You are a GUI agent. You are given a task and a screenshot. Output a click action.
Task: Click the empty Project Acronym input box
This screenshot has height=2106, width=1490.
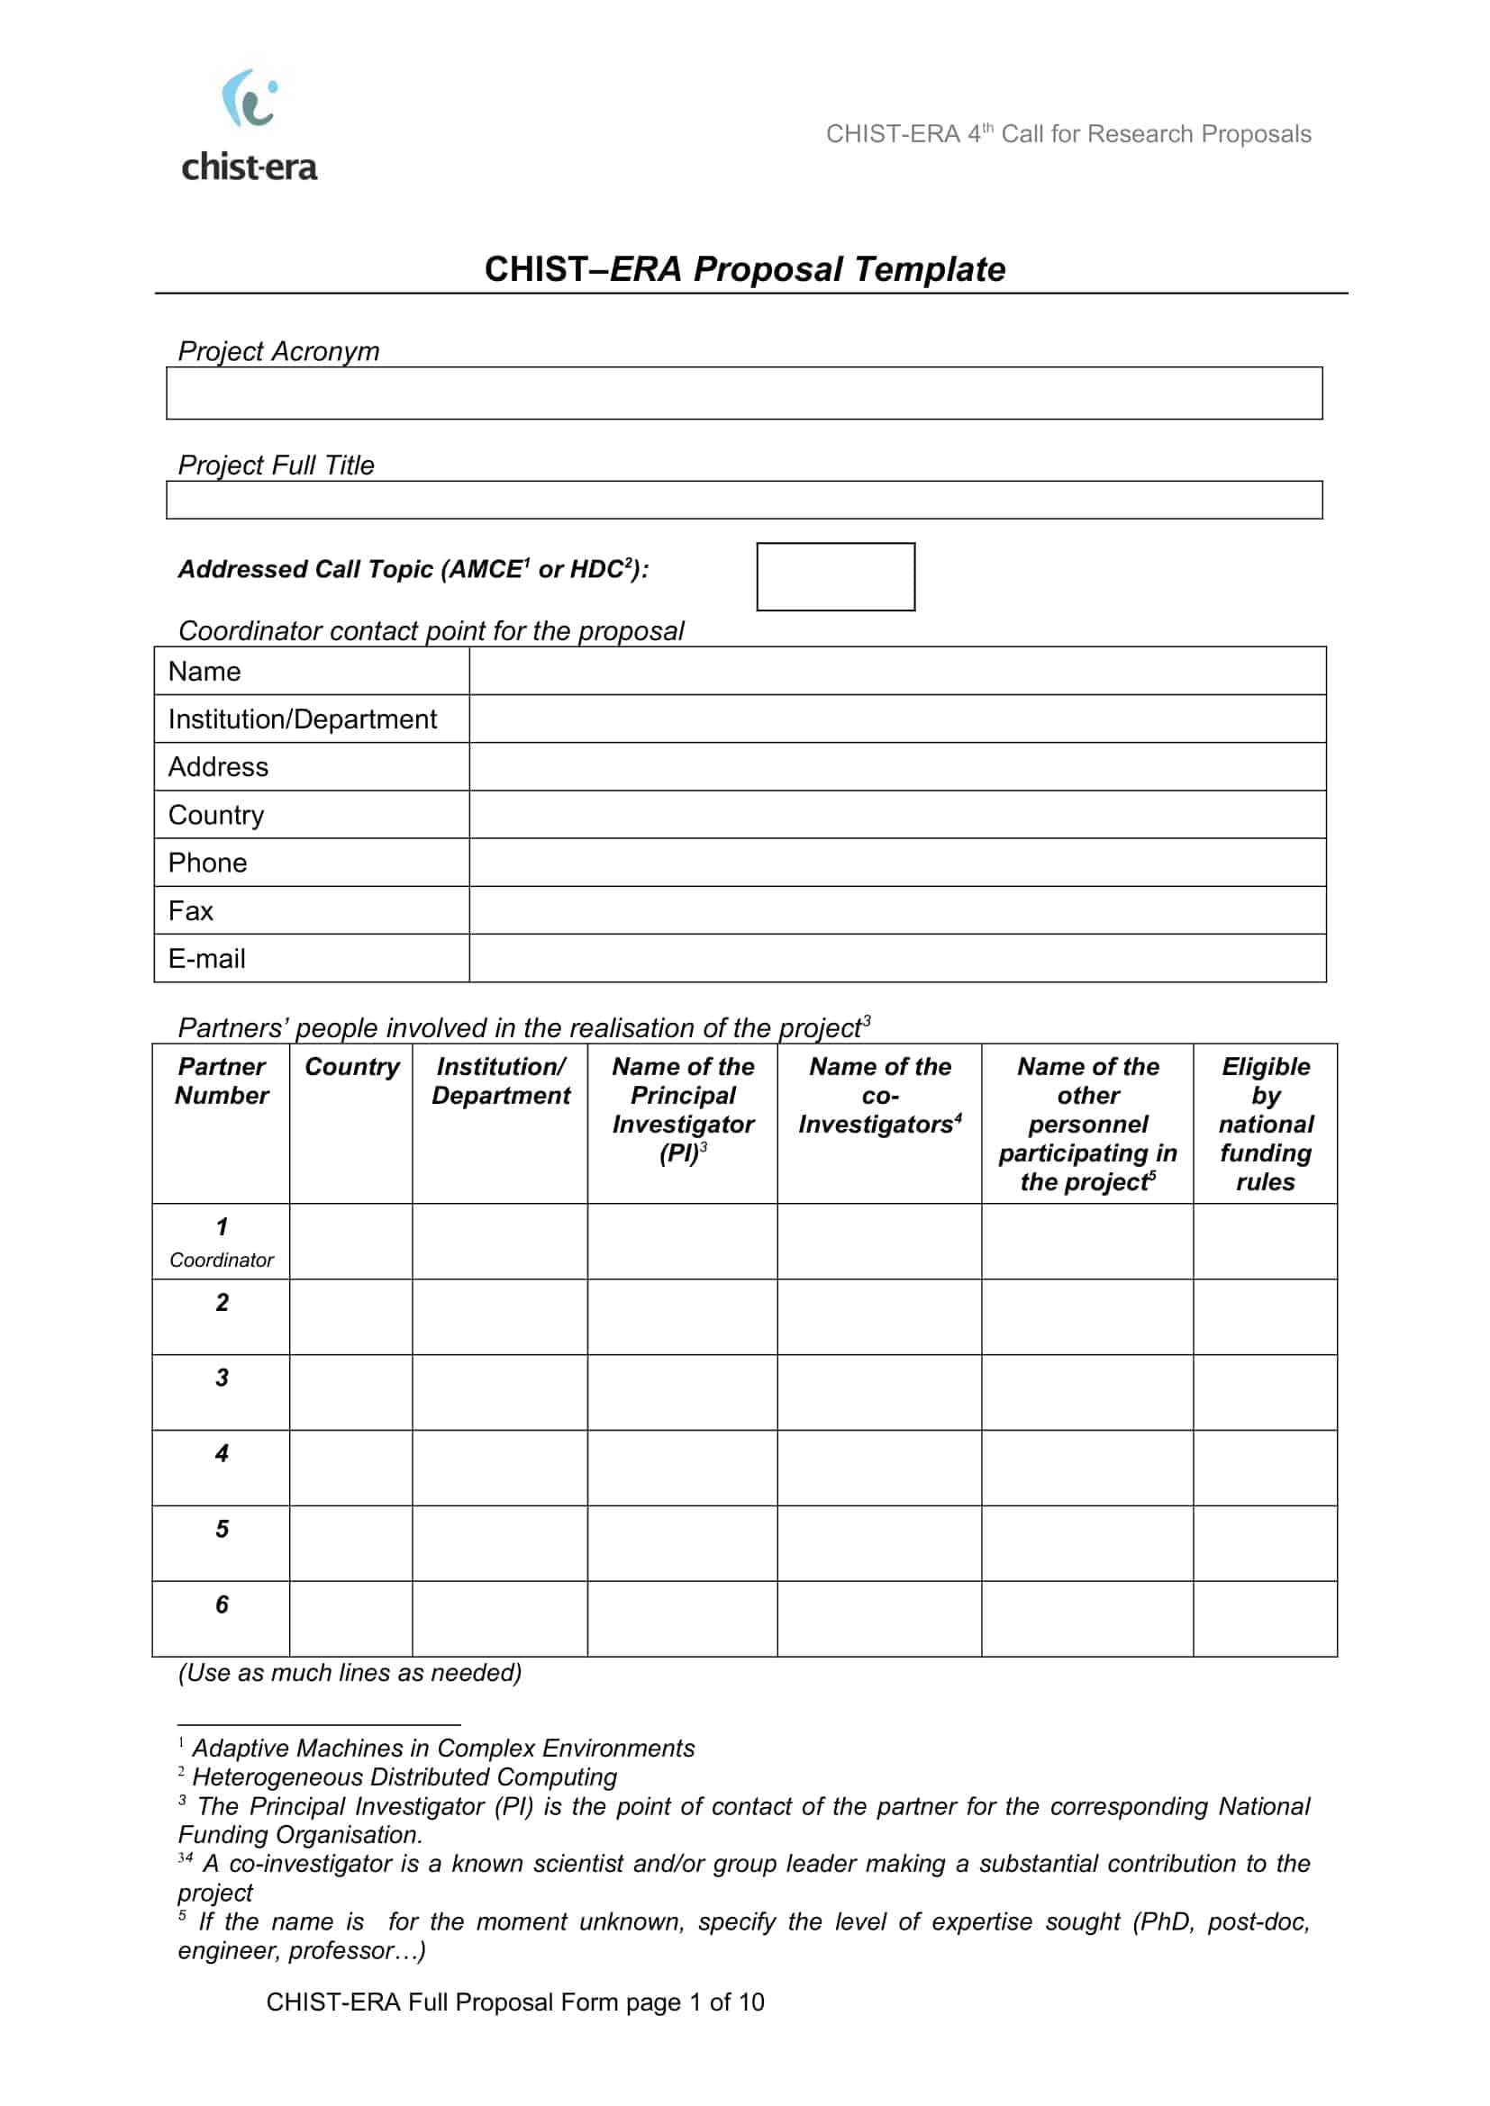743,393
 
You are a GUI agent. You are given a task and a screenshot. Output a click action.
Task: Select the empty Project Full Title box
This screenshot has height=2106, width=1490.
743,500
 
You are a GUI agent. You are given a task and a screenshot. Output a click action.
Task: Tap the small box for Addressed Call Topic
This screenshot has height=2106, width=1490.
835,576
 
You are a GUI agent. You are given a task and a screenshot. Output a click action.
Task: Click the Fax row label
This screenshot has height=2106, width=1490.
191,910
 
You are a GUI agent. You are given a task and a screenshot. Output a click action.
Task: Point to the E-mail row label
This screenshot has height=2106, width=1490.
206,958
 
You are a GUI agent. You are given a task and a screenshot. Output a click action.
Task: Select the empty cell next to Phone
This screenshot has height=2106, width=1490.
896,863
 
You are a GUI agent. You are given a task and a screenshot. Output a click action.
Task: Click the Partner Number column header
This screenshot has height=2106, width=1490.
221,1080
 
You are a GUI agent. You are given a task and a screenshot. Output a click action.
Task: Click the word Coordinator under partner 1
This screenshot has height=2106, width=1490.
221,1260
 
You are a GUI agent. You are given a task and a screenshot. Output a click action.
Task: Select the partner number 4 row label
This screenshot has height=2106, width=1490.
221,1453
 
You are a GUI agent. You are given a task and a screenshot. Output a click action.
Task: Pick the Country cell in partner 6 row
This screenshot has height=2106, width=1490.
350,1618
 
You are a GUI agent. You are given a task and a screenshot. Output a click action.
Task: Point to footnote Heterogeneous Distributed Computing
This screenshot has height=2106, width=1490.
404,1776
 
